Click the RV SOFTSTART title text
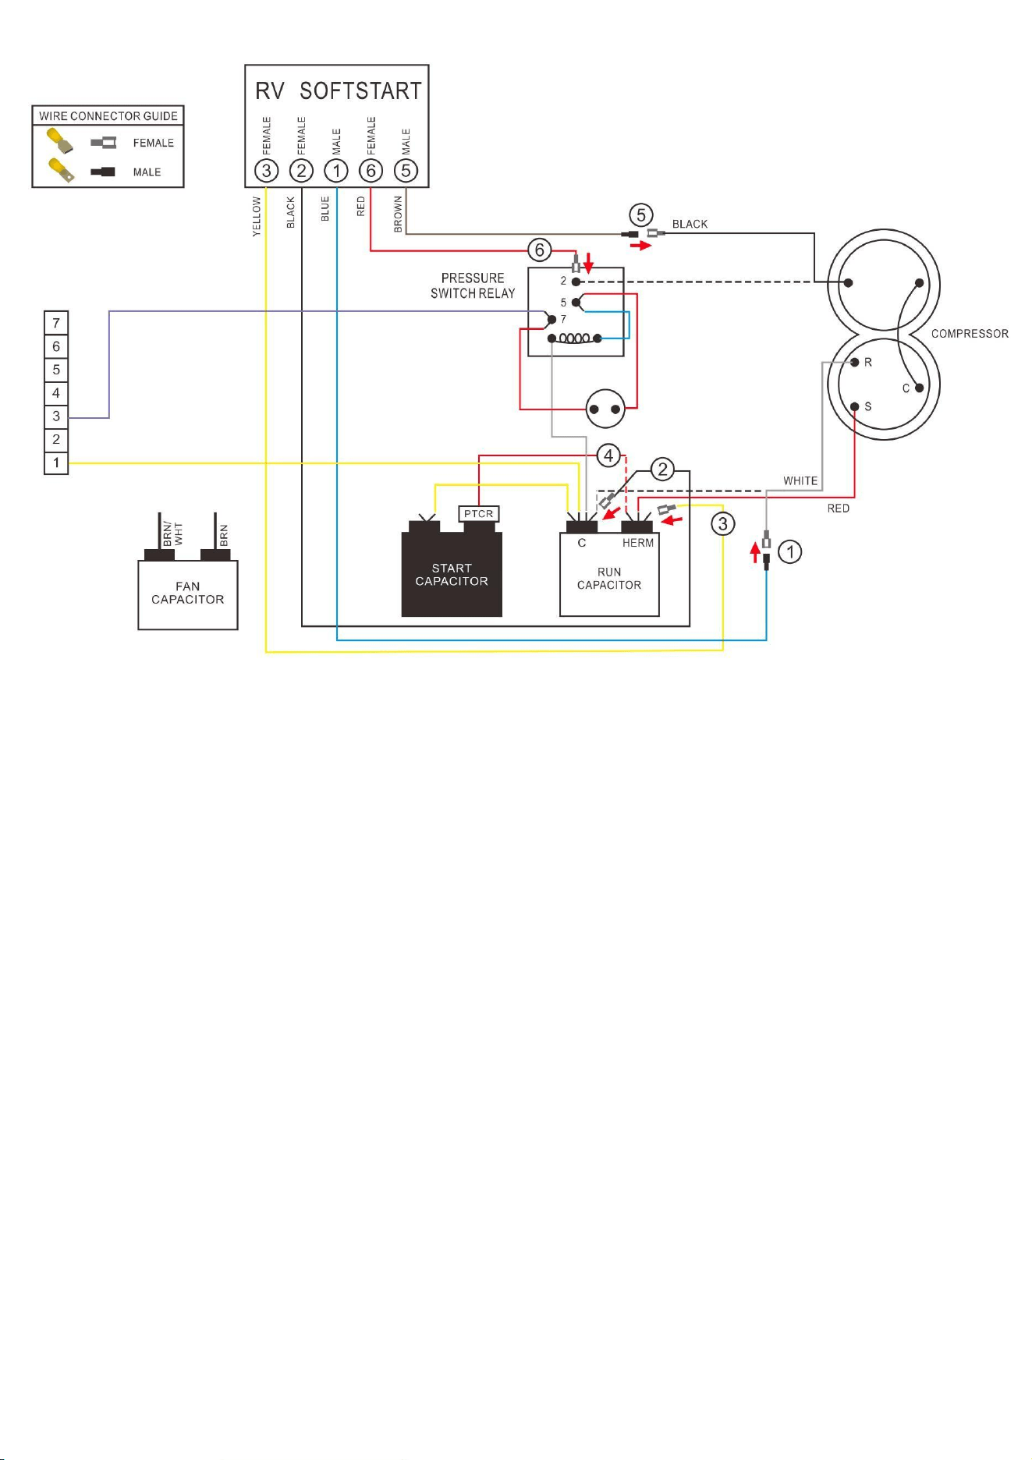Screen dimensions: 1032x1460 pos(338,91)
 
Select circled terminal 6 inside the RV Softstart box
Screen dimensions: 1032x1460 pos(371,171)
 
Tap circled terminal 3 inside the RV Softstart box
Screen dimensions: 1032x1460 pos(267,171)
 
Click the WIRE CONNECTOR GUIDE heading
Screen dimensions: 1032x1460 pos(108,116)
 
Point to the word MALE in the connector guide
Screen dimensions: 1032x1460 pos(147,172)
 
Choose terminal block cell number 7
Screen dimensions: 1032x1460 pos(56,323)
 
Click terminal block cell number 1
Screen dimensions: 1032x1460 pos(56,462)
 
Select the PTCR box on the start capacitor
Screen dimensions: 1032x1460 pos(478,514)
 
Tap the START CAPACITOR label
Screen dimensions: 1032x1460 pos(452,575)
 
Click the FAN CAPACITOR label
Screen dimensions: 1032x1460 pos(188,593)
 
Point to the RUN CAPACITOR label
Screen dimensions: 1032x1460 pos(609,579)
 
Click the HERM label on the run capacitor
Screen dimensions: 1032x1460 pos(638,543)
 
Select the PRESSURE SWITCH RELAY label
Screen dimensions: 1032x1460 pos(473,285)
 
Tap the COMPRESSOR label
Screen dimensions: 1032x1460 pos(970,334)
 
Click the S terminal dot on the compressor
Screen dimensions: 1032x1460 pos(855,406)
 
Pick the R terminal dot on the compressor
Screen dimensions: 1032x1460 pos(855,362)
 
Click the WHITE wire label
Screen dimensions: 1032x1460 pos(800,481)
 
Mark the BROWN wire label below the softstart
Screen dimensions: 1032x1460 pos(398,214)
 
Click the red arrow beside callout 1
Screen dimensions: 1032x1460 pos(754,553)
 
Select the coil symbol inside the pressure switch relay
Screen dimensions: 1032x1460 pos(575,338)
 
